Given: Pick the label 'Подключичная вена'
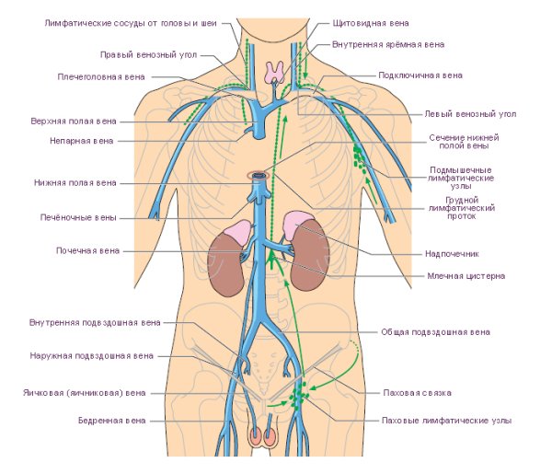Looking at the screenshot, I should (420, 75).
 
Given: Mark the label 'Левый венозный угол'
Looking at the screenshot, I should (469, 114).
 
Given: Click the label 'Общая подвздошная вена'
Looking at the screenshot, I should (435, 331).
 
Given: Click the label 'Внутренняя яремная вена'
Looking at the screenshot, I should (390, 43).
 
